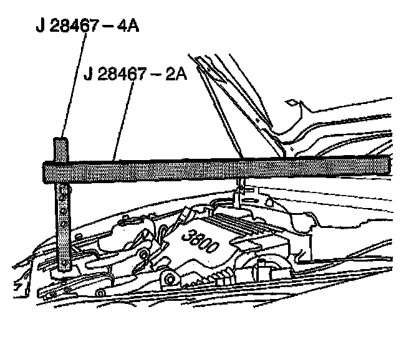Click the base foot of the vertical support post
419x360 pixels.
[x=64, y=268]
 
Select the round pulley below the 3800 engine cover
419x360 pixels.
[x=167, y=277]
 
